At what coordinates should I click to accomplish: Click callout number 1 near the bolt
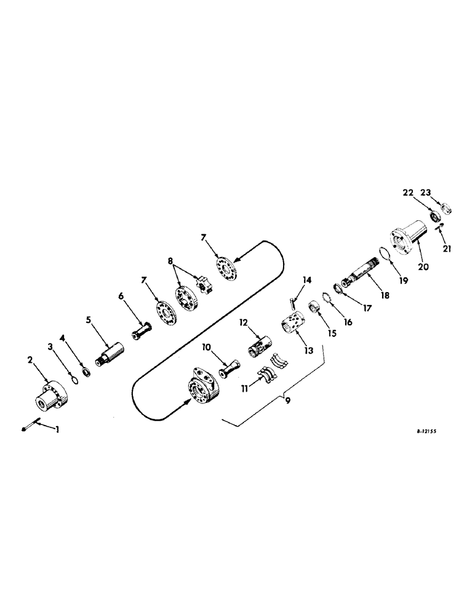[x=58, y=429]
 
